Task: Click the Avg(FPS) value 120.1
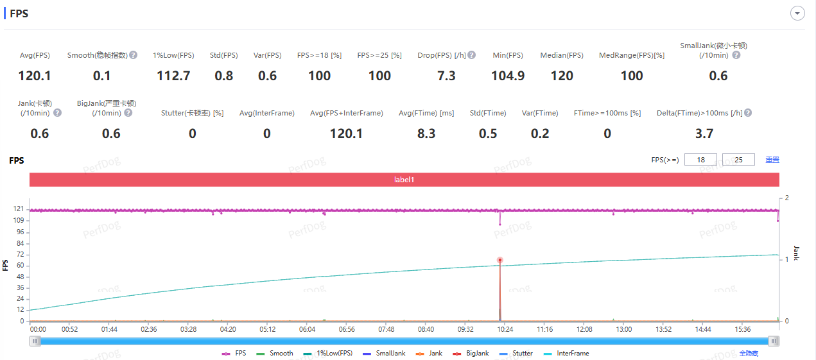click(x=35, y=76)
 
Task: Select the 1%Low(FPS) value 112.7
click(x=173, y=76)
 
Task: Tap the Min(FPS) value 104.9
click(x=508, y=76)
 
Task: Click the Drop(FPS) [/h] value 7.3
click(x=446, y=76)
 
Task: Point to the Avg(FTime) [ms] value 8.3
click(x=426, y=134)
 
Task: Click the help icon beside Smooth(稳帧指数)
click(x=134, y=55)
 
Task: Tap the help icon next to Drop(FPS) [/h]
click(x=472, y=55)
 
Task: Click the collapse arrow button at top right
click(x=798, y=13)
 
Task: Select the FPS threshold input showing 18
click(x=700, y=160)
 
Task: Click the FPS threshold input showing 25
click(x=738, y=160)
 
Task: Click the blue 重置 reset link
click(x=772, y=160)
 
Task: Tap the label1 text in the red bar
click(x=404, y=180)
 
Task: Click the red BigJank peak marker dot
click(x=499, y=260)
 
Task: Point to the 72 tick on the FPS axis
click(x=21, y=255)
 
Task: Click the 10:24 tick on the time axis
click(x=505, y=329)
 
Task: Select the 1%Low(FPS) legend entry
click(x=329, y=354)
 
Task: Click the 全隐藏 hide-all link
click(x=748, y=354)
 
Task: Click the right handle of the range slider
click(x=774, y=341)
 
